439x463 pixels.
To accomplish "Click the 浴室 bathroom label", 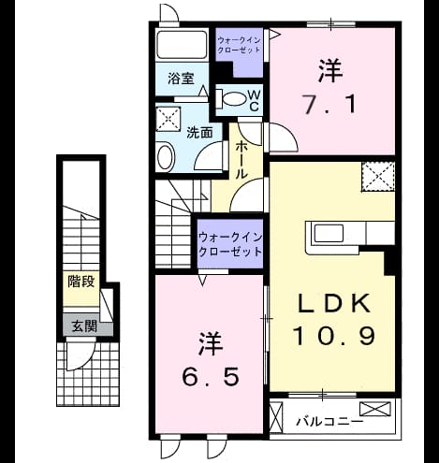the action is [x=181, y=79].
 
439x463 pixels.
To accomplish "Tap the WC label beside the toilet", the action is [x=254, y=100].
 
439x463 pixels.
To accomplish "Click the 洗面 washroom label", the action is [x=199, y=133].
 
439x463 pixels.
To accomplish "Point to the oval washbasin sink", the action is [x=166, y=156].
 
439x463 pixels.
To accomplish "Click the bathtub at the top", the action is [x=183, y=44].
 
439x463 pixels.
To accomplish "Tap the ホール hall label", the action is [x=241, y=160].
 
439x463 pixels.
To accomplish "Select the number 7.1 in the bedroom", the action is [x=329, y=105].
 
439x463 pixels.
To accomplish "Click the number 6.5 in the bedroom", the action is [x=211, y=376].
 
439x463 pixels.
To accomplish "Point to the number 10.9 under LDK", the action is [x=333, y=336].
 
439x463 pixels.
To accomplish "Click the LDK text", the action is [x=334, y=303].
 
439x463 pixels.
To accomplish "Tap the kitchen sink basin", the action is [x=329, y=233].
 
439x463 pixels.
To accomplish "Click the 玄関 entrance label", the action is [x=84, y=326].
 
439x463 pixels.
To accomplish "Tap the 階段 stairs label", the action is [x=81, y=282].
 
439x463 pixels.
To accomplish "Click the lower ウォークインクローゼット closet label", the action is [x=230, y=244].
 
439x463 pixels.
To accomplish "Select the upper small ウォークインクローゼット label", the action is [x=239, y=45].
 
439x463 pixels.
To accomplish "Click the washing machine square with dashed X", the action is [x=168, y=119].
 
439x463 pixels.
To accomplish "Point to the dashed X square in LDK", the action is [x=378, y=177].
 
